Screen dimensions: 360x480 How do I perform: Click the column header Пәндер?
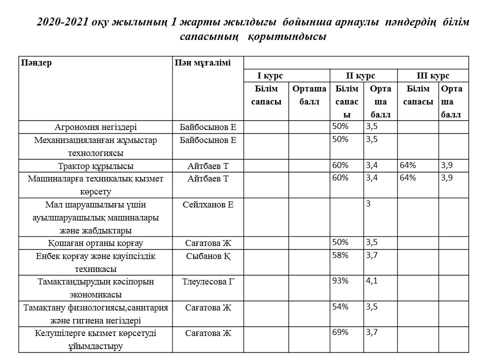36,63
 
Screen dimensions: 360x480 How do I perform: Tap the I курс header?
270,76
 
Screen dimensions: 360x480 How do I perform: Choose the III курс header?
433,76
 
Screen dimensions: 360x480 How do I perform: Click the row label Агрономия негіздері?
95,127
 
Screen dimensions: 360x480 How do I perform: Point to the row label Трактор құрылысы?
95,166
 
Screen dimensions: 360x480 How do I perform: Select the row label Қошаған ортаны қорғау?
95,243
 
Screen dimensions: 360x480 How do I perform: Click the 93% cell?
340,281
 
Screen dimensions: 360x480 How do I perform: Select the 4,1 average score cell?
371,281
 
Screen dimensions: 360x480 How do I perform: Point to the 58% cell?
340,255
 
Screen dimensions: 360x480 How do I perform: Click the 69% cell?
340,332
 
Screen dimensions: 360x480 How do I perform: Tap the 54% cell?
340,306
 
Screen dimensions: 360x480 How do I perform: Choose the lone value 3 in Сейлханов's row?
368,204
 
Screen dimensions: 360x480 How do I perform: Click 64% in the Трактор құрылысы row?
408,165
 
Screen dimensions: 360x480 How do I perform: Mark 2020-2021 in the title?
59,23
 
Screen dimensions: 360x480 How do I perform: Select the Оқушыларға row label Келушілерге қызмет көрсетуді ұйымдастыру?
95,339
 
